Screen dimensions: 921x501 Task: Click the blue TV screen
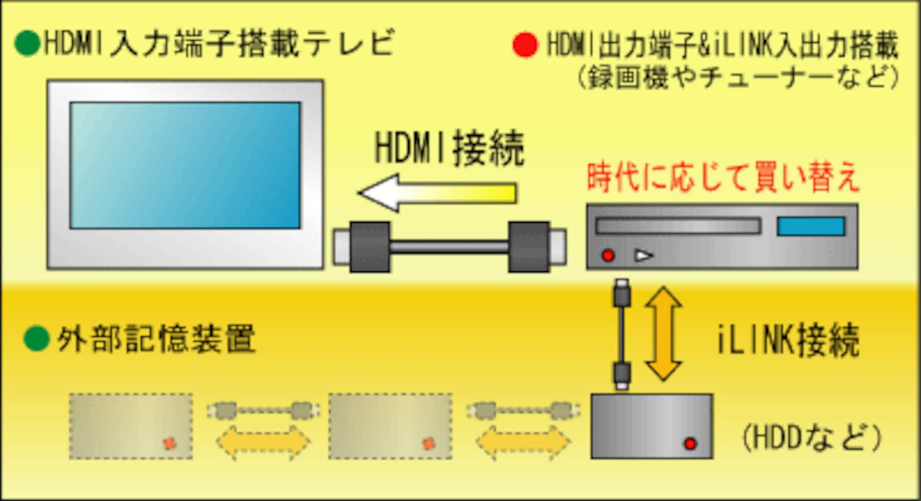[x=185, y=165]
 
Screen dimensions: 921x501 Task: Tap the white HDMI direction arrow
[x=438, y=193]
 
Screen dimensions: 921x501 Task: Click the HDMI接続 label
[x=450, y=149]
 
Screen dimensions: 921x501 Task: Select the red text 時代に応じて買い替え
[x=723, y=178]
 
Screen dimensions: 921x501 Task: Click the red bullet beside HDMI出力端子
[x=526, y=45]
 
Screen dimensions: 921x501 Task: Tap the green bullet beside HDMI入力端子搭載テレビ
[x=27, y=43]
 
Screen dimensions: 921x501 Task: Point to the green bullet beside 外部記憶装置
[x=37, y=338]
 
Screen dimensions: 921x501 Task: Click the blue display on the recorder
[x=811, y=227]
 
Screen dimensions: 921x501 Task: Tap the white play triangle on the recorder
[x=643, y=256]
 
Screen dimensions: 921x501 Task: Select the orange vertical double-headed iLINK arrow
[x=663, y=334]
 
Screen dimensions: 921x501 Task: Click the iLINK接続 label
[x=788, y=340]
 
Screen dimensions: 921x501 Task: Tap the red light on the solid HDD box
[x=690, y=443]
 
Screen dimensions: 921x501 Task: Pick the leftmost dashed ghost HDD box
[x=131, y=426]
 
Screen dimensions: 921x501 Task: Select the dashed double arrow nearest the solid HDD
[x=523, y=443]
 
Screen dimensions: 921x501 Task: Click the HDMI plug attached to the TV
[x=362, y=247]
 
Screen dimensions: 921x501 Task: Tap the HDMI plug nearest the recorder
[x=537, y=247]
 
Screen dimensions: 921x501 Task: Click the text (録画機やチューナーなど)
[x=739, y=77]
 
